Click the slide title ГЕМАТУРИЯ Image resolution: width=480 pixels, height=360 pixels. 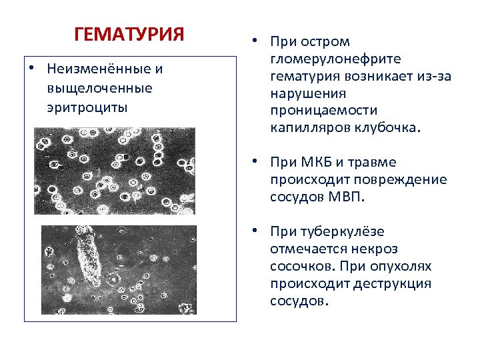(x=129, y=34)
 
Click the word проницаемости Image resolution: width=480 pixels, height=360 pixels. (x=323, y=111)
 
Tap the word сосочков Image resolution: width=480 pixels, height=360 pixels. (x=301, y=267)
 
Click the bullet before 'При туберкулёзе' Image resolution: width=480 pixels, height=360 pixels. (x=255, y=231)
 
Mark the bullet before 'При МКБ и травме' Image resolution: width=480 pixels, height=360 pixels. (x=255, y=161)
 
